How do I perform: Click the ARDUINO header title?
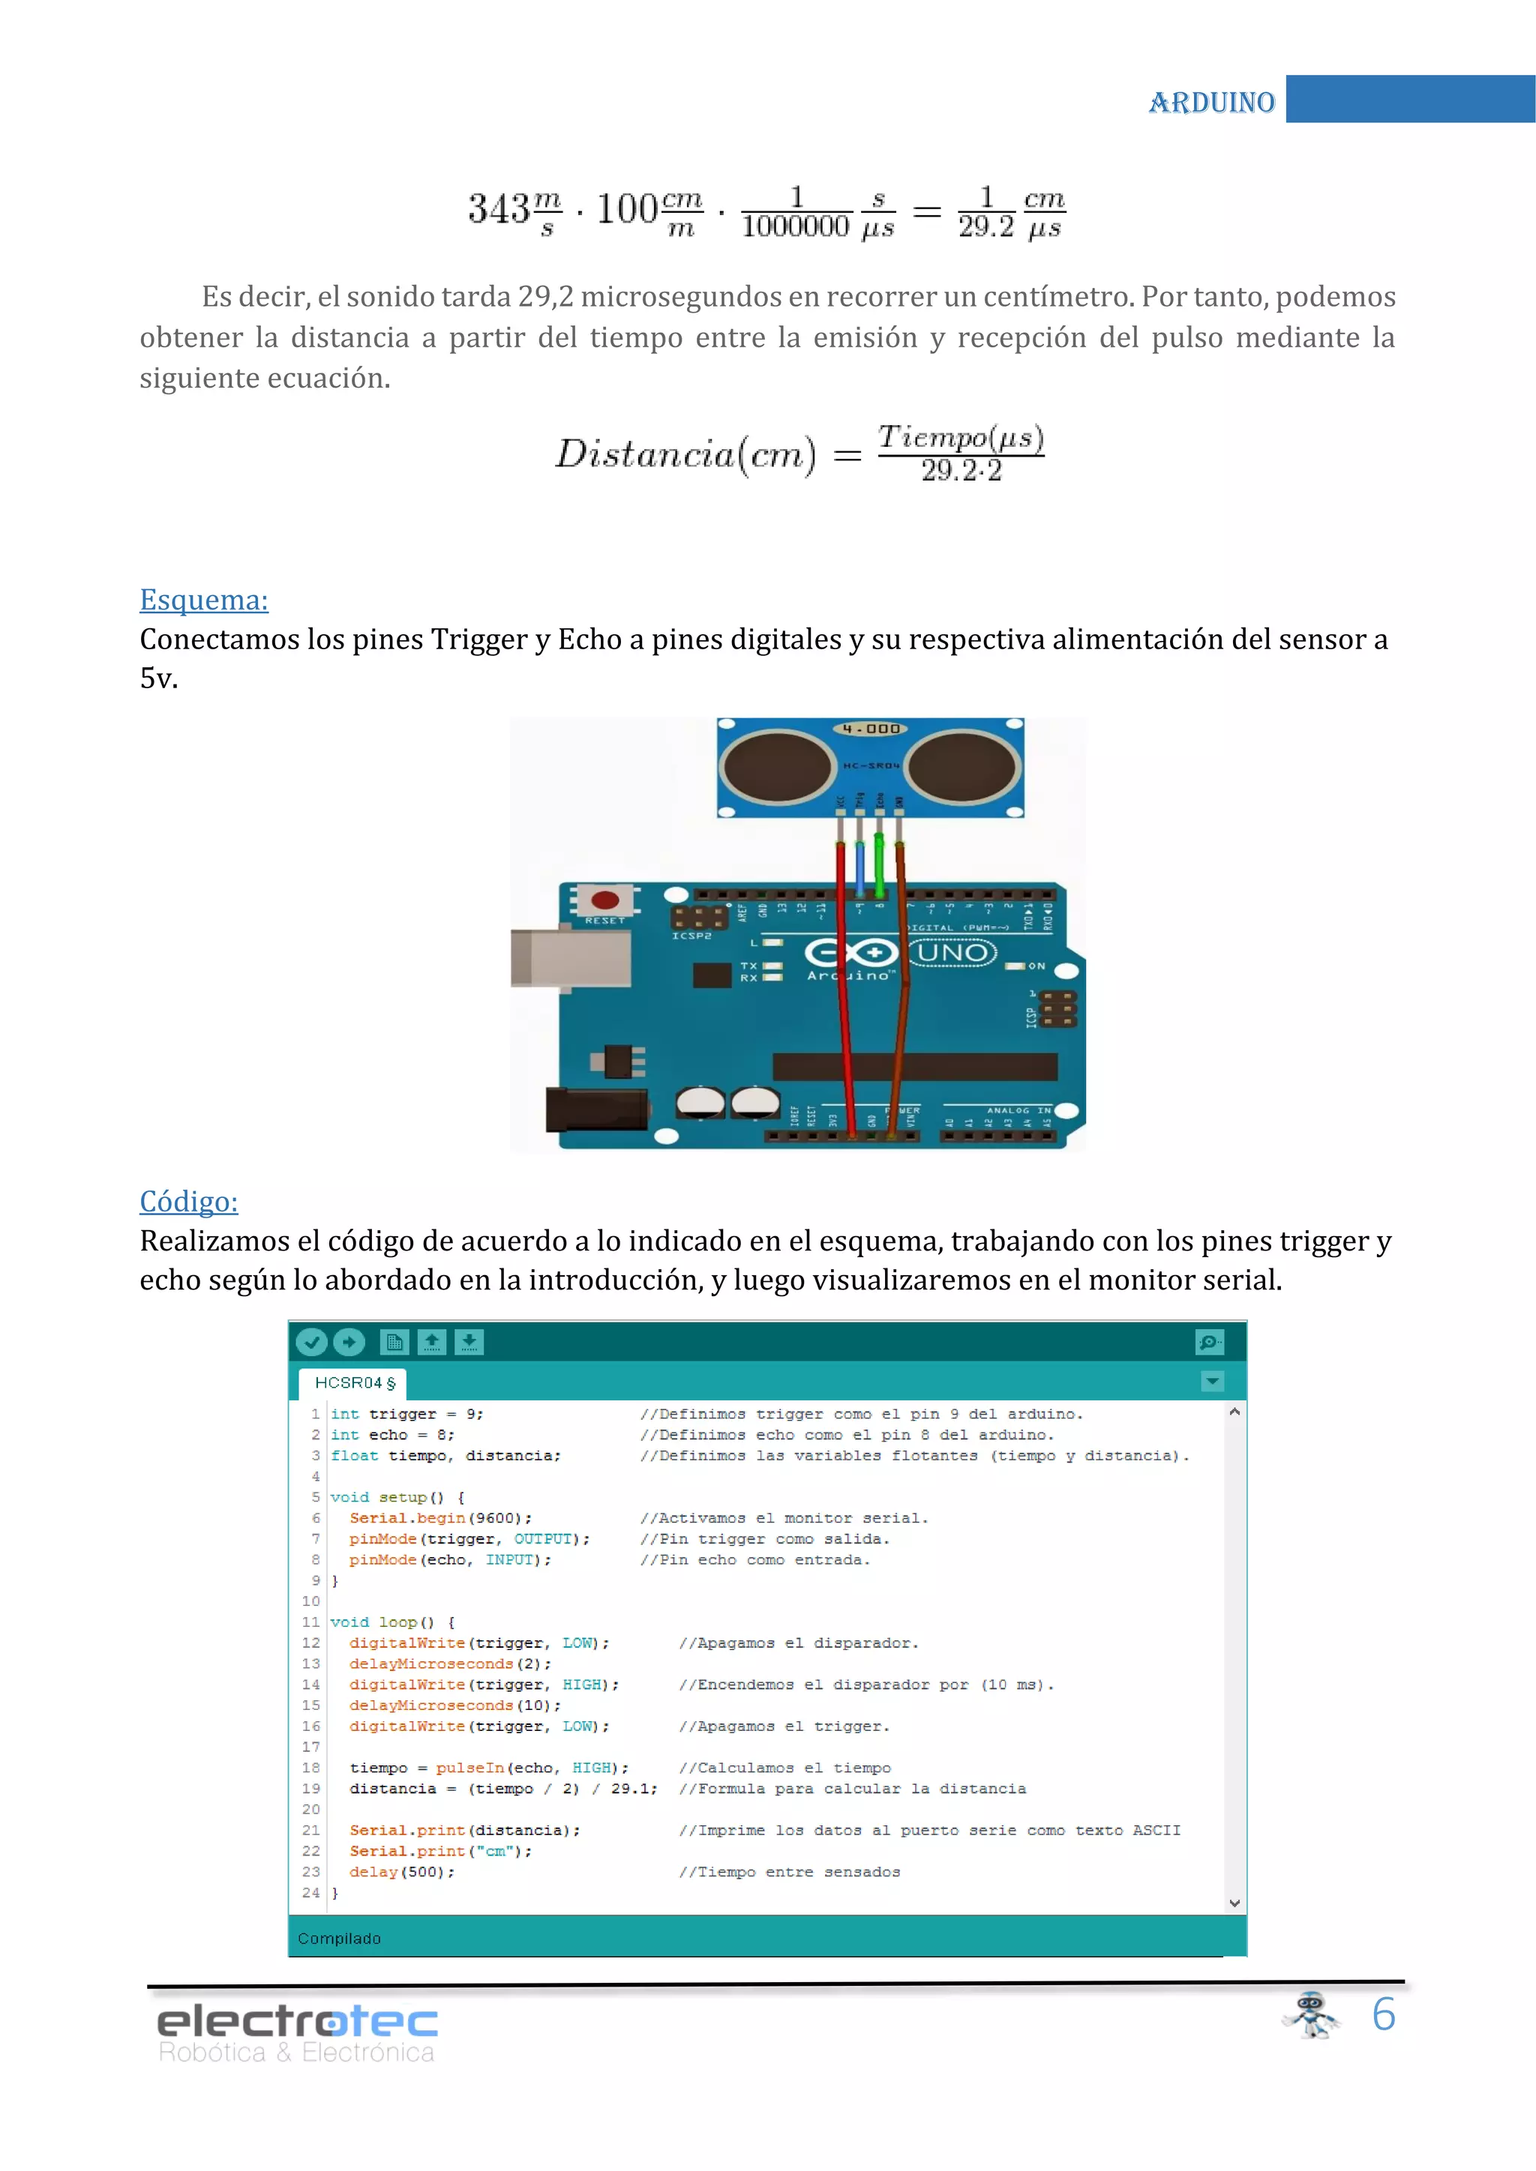(x=1211, y=101)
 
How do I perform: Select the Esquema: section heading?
(x=203, y=600)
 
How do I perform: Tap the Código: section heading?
(x=188, y=1201)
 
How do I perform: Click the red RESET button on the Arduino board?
(x=605, y=900)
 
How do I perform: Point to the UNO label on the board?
(x=952, y=951)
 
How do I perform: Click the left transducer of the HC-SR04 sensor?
(x=778, y=766)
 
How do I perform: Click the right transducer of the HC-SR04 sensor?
(x=964, y=766)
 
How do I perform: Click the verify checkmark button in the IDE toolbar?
(x=311, y=1342)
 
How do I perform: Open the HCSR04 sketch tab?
(x=352, y=1382)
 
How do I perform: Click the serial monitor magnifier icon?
(x=1210, y=1342)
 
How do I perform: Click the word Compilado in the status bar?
(x=338, y=1939)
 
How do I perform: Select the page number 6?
(x=1384, y=2014)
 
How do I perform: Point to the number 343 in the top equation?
(x=499, y=209)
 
